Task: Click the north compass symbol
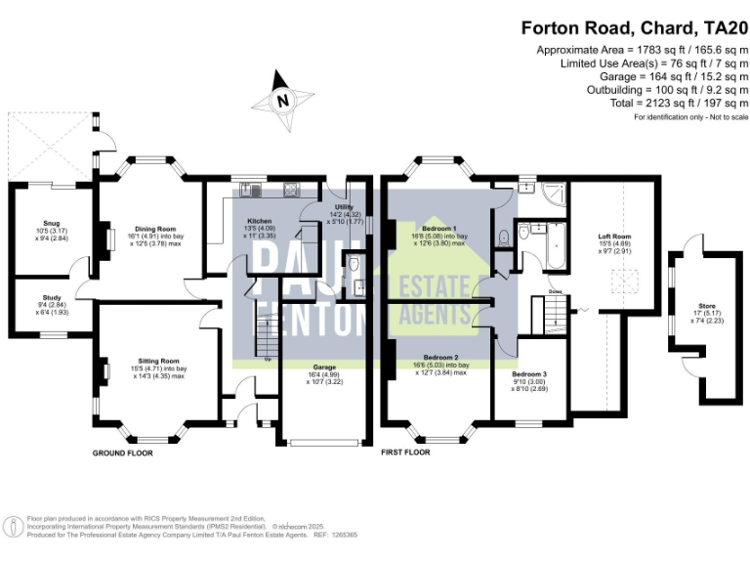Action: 282,99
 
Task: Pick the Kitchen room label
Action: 259,221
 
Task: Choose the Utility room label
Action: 343,207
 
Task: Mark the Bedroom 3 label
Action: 530,374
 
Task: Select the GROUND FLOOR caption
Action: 122,454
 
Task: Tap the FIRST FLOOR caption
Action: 405,454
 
